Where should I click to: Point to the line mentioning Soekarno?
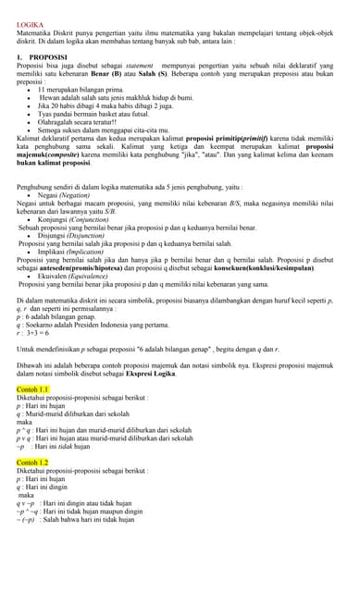(x=93, y=325)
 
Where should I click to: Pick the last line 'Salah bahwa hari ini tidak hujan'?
(x=87, y=520)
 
